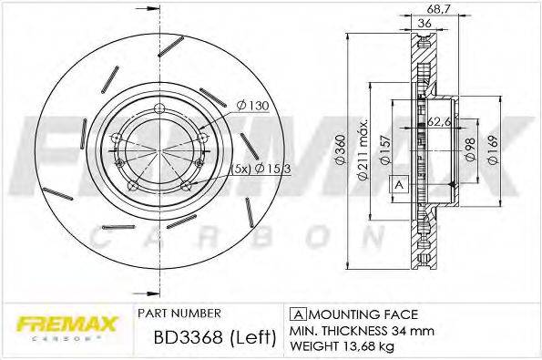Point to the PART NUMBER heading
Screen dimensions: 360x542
(x=174, y=312)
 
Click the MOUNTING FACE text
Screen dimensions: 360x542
(x=346, y=312)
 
